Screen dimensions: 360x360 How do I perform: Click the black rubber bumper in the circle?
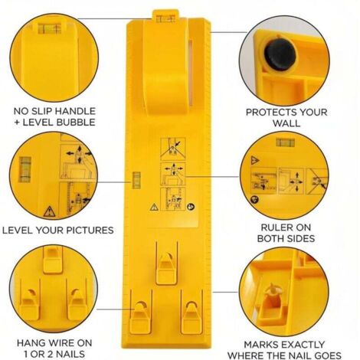[x=280, y=55]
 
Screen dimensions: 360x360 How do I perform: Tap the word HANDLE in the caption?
[x=75, y=111]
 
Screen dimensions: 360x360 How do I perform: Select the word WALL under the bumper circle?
[x=286, y=123]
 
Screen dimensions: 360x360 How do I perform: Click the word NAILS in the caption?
[x=70, y=354]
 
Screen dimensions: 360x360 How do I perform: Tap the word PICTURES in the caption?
[x=90, y=231]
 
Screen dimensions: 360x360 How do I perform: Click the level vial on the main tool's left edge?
[x=136, y=180]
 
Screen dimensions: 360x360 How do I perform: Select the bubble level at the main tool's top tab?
[x=165, y=18]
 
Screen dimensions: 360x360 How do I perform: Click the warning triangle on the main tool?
[x=154, y=207]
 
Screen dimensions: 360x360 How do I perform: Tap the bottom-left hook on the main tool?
[x=141, y=313]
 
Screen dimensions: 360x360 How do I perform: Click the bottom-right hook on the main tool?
[x=191, y=313]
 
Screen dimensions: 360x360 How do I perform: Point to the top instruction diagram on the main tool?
[x=173, y=149]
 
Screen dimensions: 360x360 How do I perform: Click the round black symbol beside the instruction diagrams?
[x=191, y=207]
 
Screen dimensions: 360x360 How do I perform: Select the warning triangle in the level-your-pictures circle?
[x=49, y=211]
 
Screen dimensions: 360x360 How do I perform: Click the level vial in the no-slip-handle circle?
[x=50, y=28]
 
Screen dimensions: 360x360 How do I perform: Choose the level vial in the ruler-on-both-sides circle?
[x=285, y=142]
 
